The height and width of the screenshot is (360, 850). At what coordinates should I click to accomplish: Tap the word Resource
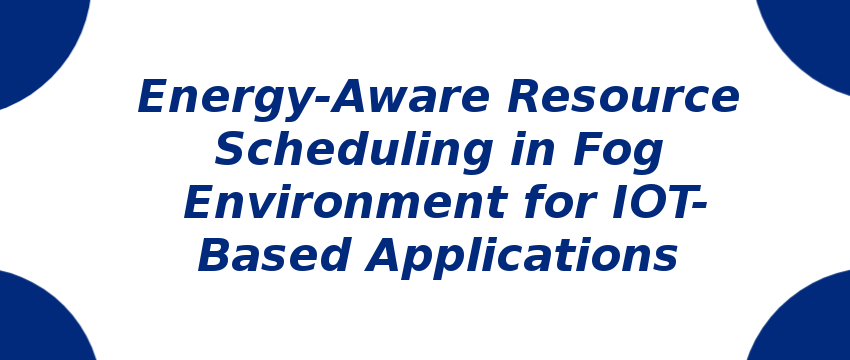point(623,98)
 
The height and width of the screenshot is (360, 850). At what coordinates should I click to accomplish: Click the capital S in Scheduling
point(233,151)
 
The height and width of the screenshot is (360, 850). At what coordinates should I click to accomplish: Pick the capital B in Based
point(217,256)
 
